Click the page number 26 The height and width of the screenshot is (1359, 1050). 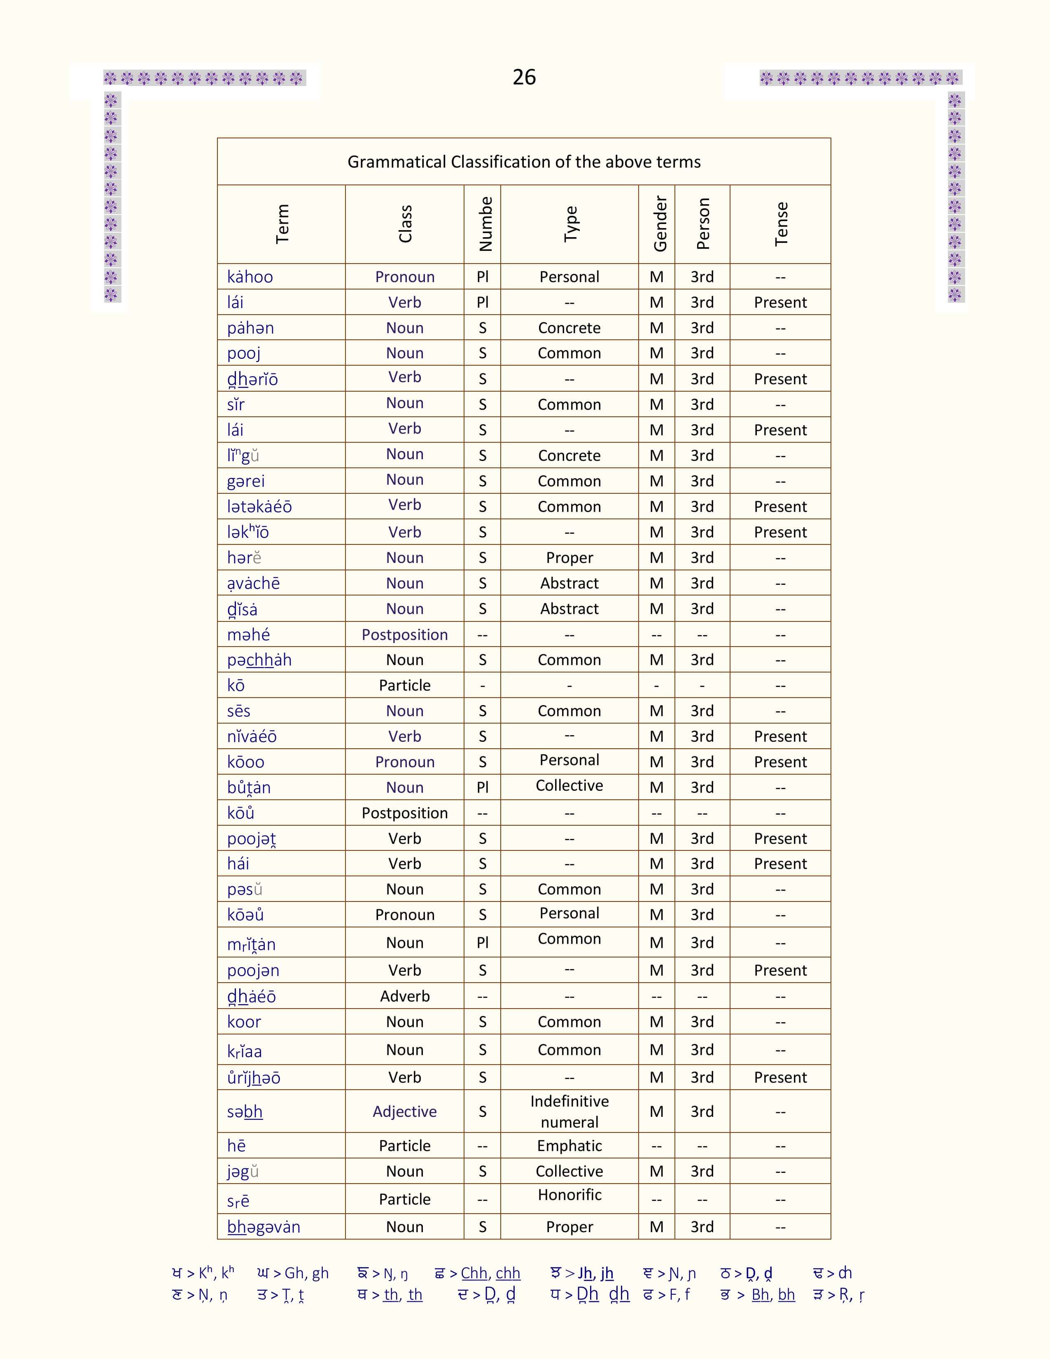pos(524,77)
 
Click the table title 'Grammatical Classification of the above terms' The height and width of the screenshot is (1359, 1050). pos(524,162)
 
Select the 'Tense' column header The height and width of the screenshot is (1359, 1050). pos(781,224)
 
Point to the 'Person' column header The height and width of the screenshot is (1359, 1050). pos(703,224)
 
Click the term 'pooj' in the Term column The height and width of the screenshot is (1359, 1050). pos(244,353)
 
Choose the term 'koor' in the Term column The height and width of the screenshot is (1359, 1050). pos(244,1022)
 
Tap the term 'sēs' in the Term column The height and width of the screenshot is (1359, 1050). pos(239,711)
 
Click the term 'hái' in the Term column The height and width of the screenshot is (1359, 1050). pos(238,864)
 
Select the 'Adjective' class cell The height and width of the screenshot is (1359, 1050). pos(404,1111)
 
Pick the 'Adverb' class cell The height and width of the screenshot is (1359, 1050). pos(404,996)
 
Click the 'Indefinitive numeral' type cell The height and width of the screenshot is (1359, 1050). pos(569,1111)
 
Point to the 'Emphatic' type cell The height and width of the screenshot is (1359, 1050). pos(569,1146)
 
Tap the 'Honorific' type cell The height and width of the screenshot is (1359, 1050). pos(569,1195)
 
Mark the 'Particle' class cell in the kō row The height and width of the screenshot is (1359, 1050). pos(404,685)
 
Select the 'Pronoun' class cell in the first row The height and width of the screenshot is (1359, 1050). pos(404,277)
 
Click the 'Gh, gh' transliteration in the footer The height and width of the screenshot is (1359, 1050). pos(306,1273)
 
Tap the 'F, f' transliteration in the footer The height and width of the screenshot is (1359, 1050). pos(679,1295)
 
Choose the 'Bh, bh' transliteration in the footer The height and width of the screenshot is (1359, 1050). pos(773,1295)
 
